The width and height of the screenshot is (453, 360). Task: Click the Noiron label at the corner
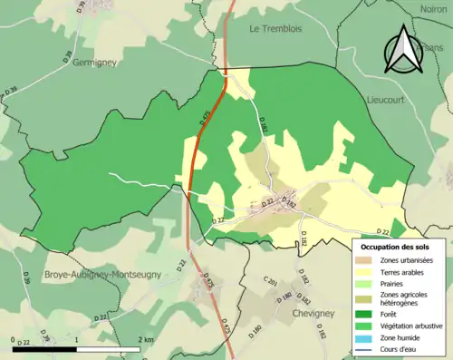[434, 10]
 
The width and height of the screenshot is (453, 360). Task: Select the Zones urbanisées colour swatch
[366, 260]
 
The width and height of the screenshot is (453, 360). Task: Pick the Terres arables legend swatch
[366, 271]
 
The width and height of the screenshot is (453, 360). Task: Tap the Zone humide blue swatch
[366, 335]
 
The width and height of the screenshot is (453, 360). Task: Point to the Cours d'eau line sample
[366, 345]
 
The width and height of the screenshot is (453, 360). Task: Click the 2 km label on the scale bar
[145, 339]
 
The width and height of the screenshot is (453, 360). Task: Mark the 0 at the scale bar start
[14, 339]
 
